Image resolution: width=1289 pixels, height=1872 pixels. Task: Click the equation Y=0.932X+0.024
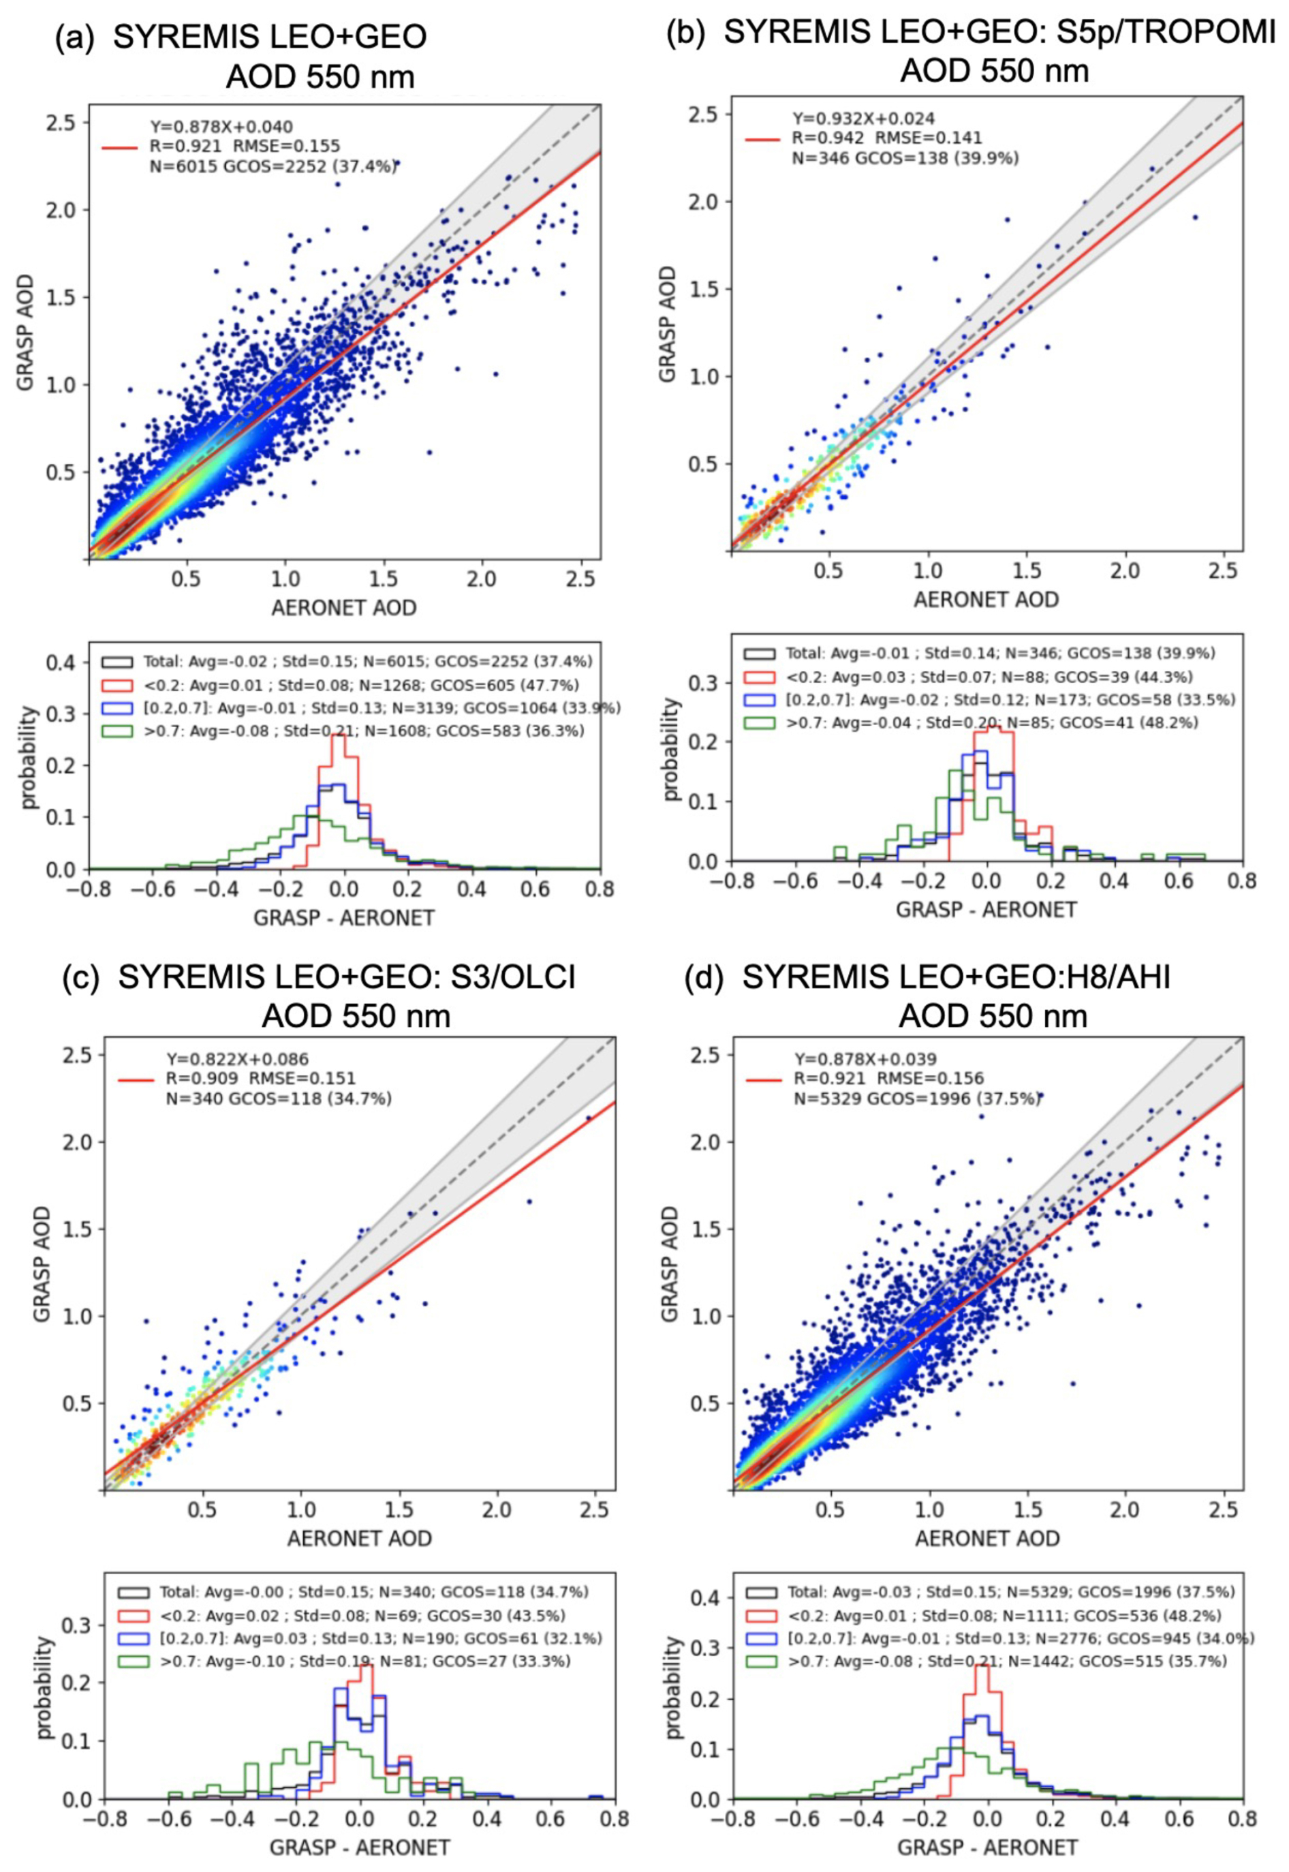[x=863, y=119]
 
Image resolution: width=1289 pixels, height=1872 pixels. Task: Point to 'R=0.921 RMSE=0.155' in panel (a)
[x=245, y=147]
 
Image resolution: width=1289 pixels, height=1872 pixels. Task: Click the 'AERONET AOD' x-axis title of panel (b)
[x=985, y=600]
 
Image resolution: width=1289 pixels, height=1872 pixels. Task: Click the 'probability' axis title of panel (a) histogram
[x=28, y=757]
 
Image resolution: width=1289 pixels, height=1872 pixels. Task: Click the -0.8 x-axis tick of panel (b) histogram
[x=730, y=880]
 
